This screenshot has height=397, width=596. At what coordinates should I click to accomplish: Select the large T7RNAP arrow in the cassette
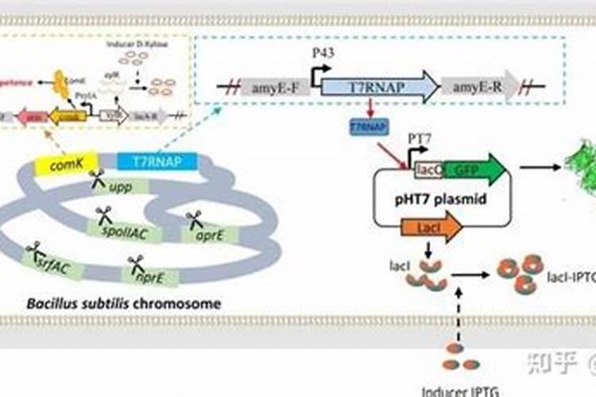tap(379, 88)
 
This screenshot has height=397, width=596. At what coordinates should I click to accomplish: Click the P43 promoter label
tap(323, 53)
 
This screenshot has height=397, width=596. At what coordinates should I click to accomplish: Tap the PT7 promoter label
tap(420, 139)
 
